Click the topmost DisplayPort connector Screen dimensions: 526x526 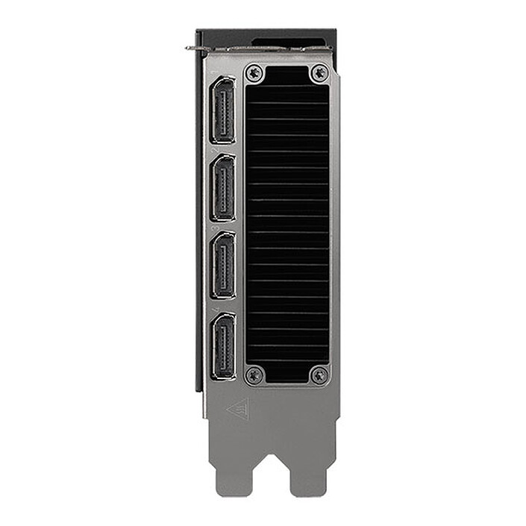(223, 110)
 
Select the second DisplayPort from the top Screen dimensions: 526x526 (223, 187)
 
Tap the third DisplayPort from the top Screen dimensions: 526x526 (223, 265)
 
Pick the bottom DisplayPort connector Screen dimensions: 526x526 (223, 345)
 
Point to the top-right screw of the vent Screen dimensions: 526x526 (319, 72)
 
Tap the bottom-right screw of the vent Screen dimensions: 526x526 (319, 375)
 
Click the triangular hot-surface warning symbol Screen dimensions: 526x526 (238, 409)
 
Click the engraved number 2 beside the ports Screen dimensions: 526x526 (216, 151)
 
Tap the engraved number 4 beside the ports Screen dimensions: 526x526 (216, 309)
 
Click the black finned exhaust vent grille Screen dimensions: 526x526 (287, 224)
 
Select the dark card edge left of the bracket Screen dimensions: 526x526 (199, 224)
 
